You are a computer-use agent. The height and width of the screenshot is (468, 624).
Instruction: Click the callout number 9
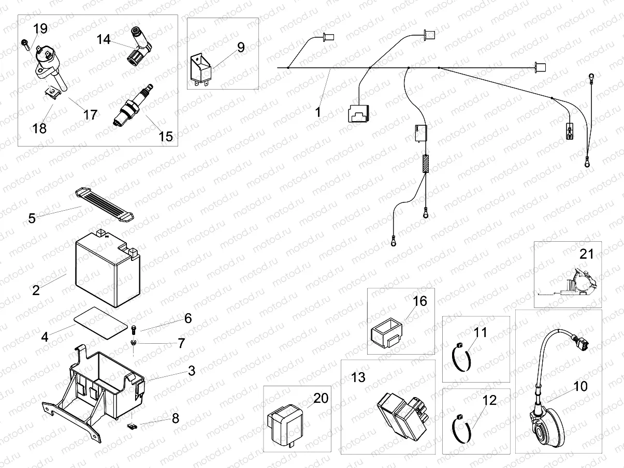[x=241, y=47]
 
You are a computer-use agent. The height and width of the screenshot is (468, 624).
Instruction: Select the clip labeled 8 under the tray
[x=133, y=427]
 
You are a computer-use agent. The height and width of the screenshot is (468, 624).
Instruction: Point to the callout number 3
[x=192, y=371]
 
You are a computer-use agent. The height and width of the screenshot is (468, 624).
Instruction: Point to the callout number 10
[x=581, y=387]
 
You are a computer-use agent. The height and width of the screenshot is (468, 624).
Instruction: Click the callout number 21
[x=586, y=254]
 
